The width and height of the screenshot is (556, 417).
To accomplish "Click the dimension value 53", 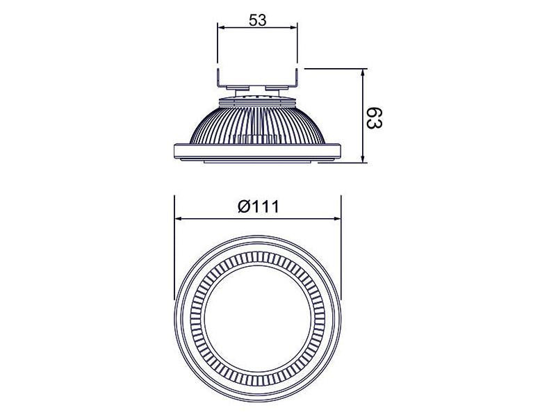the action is click(257, 20).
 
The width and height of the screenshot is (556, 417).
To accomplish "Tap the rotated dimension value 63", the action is click(375, 119).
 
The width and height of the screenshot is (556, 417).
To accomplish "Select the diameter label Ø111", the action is click(259, 206).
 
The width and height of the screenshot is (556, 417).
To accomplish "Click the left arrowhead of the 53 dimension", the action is click(221, 27).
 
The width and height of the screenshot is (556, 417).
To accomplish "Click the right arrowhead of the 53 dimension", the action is click(293, 27).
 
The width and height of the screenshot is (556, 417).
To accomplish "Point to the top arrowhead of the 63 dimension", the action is click(362, 73).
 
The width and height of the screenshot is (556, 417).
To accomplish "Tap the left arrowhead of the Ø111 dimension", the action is click(179, 219).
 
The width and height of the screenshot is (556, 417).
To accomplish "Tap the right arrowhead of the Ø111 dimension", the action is click(336, 219).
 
